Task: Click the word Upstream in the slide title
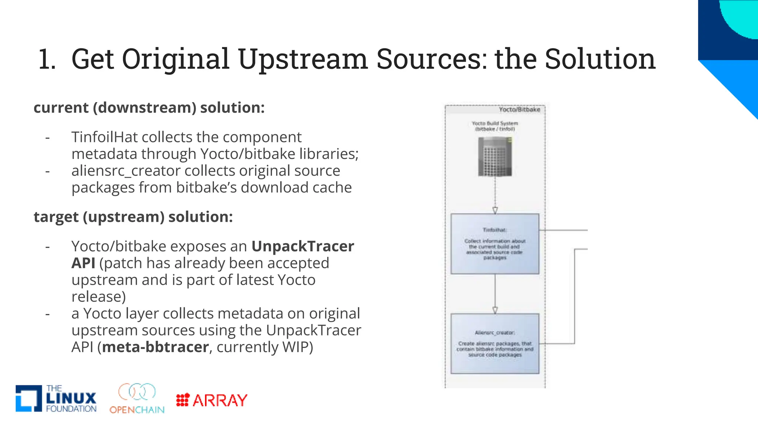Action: coord(303,59)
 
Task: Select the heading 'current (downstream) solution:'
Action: coord(149,108)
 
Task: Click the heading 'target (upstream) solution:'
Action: coord(133,217)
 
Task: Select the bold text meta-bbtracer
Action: coord(155,347)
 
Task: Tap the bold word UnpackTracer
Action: coord(303,246)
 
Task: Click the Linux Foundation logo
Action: coord(56,398)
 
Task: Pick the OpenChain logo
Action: coord(137,398)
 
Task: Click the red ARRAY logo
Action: coord(212,400)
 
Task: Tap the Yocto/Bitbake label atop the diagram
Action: coord(519,109)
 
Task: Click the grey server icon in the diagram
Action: coord(495,156)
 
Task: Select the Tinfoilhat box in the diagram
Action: coord(495,244)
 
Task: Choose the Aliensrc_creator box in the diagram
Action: coord(495,344)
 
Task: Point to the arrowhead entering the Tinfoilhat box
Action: coord(495,210)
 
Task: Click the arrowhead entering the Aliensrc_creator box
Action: coord(495,310)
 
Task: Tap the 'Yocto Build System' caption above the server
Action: coord(495,126)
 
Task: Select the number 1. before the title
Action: coord(47,59)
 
